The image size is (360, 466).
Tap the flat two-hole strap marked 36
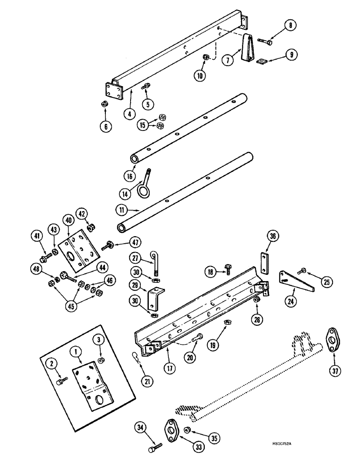[264, 262]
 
